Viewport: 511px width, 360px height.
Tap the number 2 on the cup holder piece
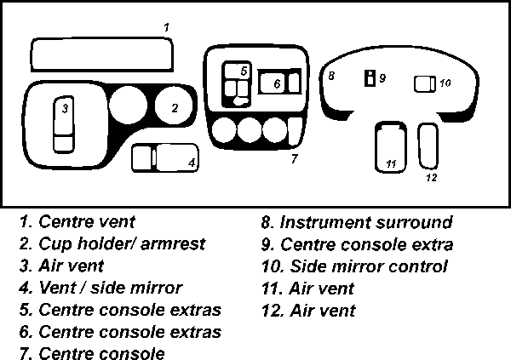pos(175,108)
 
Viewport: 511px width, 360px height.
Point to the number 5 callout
pos(243,71)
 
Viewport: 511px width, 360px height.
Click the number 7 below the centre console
pos(293,158)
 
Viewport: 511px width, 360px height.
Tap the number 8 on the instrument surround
pos(331,77)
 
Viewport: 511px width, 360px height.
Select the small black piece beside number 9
pos(370,78)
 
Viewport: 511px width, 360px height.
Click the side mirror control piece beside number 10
pos(423,83)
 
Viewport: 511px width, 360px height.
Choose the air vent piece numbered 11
pos(390,146)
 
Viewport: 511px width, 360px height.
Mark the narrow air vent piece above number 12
pos(429,145)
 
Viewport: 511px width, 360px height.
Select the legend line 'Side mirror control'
pos(355,267)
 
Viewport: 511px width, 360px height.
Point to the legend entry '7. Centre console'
pos(91,352)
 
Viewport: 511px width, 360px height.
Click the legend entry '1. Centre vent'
pos(77,223)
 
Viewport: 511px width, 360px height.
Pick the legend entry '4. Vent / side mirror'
pos(100,289)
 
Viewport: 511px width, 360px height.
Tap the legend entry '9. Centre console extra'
pos(357,245)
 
